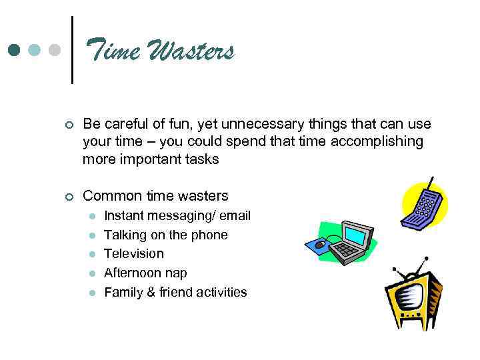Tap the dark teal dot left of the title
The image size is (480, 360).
[x=13, y=50]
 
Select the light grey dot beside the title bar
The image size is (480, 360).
[x=55, y=50]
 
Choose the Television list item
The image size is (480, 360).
[x=133, y=253]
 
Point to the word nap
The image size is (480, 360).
[x=177, y=273]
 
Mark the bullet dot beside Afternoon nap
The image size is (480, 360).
[x=93, y=273]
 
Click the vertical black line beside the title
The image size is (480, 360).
[x=71, y=50]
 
